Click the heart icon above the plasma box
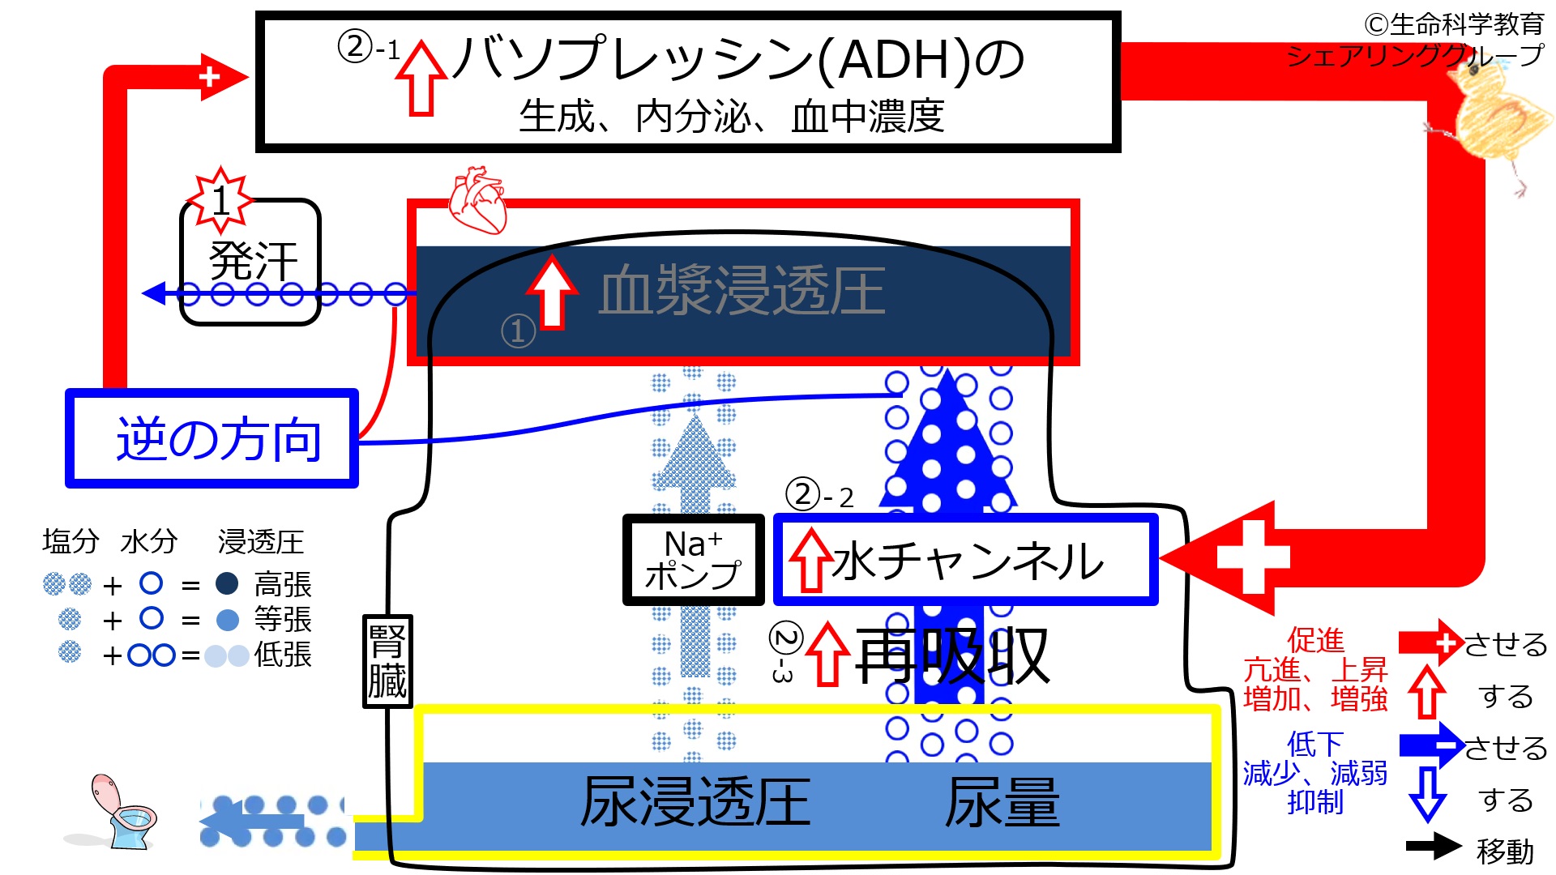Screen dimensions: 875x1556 point(478,199)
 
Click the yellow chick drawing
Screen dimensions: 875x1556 point(1496,122)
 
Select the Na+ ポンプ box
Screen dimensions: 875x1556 point(693,560)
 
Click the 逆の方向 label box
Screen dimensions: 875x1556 point(212,438)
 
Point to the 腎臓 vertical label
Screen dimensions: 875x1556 point(387,661)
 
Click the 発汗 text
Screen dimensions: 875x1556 point(254,261)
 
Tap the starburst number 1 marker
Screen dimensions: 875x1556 point(220,199)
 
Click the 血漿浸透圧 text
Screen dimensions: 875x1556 point(742,292)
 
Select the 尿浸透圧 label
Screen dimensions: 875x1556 point(695,802)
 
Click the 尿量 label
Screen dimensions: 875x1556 point(1002,802)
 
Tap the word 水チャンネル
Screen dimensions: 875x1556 point(968,561)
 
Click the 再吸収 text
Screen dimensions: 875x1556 point(952,656)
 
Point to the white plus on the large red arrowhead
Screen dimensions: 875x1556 point(1252,557)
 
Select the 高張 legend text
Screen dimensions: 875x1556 point(283,584)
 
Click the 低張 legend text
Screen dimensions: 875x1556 point(283,654)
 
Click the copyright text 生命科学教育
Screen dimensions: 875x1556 point(1454,25)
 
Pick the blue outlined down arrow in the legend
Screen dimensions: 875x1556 point(1427,795)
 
